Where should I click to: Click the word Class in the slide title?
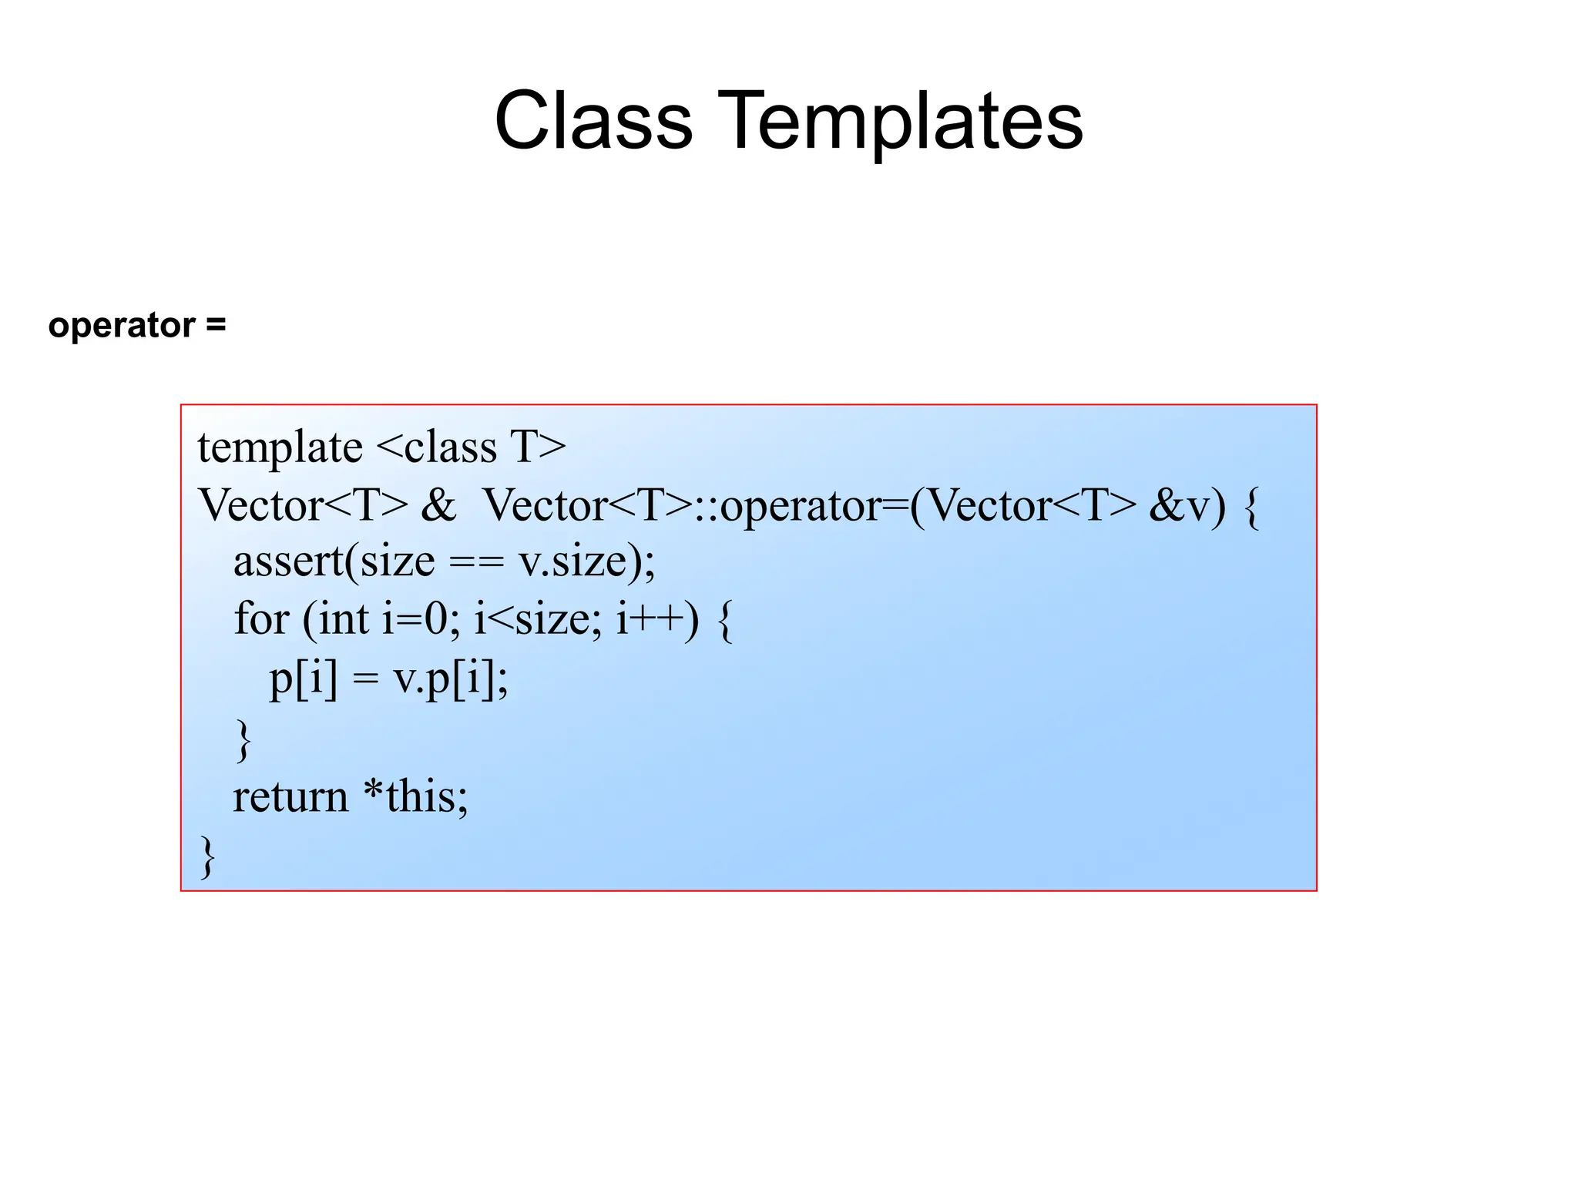click(593, 122)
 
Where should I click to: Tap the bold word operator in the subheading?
click(121, 326)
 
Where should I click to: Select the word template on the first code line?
click(280, 447)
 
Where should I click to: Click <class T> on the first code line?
click(472, 447)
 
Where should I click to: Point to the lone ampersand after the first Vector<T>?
click(438, 506)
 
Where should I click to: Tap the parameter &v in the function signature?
click(1179, 506)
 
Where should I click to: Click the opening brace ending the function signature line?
click(1251, 508)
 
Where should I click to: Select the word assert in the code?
click(287, 561)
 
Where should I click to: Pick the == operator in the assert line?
click(475, 562)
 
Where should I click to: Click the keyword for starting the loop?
click(261, 618)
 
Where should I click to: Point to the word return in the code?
click(290, 797)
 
